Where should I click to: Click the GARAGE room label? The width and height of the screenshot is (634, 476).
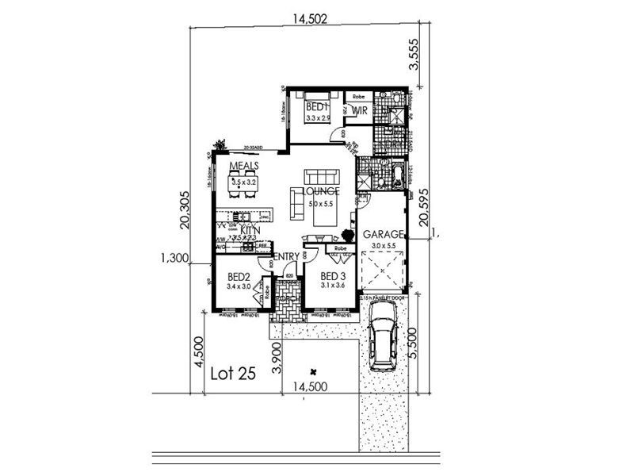click(384, 235)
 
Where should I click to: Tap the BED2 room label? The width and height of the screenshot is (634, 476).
click(238, 276)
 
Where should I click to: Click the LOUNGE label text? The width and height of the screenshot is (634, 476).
click(320, 191)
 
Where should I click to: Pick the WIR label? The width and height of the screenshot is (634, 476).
click(359, 111)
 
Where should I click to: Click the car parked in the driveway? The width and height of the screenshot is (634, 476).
click(384, 344)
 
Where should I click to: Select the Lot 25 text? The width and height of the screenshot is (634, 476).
click(234, 374)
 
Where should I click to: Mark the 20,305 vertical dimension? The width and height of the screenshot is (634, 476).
click(184, 210)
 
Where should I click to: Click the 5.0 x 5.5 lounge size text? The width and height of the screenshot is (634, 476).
click(320, 204)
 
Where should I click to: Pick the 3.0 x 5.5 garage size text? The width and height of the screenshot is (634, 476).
click(384, 247)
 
